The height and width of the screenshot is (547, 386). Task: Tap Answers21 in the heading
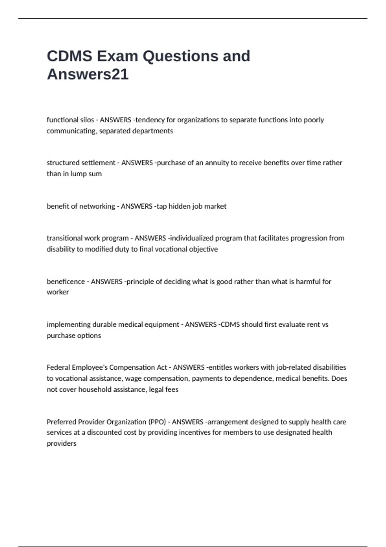click(x=87, y=74)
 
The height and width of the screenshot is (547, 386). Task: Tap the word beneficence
click(x=65, y=282)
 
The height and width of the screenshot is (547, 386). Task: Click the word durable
click(x=104, y=325)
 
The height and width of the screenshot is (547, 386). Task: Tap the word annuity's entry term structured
click(x=63, y=163)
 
